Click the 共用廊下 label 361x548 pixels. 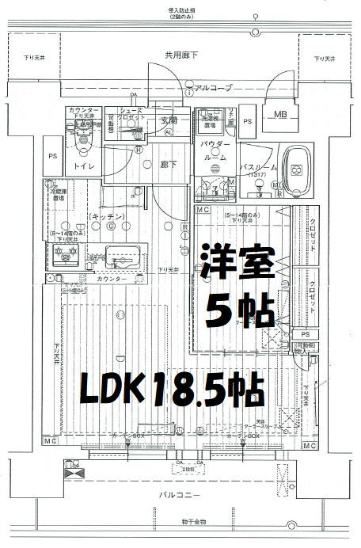click(x=181, y=55)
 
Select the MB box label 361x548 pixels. click(x=280, y=114)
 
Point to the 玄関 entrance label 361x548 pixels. click(x=169, y=120)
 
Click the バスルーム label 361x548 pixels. click(x=256, y=167)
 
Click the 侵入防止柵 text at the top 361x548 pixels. click(x=181, y=9)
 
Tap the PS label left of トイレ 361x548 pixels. click(x=51, y=157)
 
